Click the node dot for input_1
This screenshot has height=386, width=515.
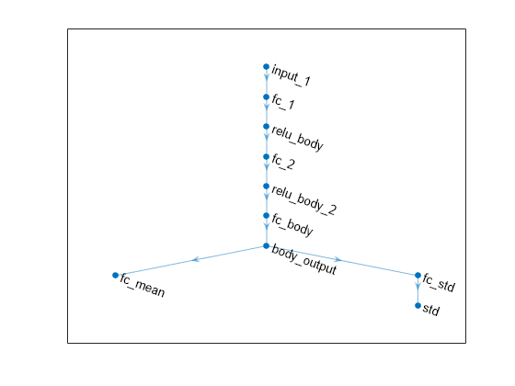[267, 67]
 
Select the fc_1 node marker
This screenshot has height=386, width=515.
[267, 96]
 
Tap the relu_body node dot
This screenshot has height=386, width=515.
[267, 127]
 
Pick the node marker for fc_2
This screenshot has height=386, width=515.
[267, 156]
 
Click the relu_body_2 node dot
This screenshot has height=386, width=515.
[267, 186]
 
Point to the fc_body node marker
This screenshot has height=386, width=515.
[267, 216]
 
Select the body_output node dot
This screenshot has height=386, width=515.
[267, 246]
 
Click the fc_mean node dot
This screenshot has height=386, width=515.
[115, 275]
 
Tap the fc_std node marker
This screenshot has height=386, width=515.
[418, 275]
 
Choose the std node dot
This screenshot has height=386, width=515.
[418, 305]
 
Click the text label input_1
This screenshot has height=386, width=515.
[291, 76]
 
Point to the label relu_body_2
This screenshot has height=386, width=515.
[303, 200]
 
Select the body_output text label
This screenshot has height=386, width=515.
[303, 259]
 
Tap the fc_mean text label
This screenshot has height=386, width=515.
[143, 286]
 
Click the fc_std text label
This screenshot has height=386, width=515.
[439, 282]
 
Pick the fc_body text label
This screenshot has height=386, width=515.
[292, 225]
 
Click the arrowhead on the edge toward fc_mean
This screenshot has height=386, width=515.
[195, 259]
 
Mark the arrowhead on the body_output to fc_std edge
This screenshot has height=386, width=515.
[338, 259]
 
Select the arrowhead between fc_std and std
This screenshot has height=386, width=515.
[418, 286]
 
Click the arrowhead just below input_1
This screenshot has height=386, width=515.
[267, 77]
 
